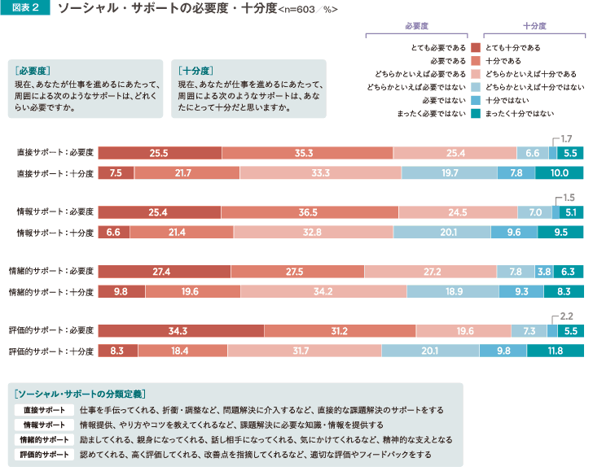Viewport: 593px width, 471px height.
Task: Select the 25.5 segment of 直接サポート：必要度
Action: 160,153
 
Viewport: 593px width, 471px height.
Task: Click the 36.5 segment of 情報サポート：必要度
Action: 308,213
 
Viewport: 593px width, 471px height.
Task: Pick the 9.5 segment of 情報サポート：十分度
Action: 560,233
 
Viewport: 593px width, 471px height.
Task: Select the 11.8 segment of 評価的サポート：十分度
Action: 556,351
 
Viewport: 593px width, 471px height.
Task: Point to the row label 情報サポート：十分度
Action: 56,233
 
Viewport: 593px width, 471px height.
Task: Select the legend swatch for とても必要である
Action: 475,46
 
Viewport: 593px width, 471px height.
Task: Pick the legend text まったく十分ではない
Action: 530,114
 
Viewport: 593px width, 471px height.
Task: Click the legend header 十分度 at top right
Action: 534,26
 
